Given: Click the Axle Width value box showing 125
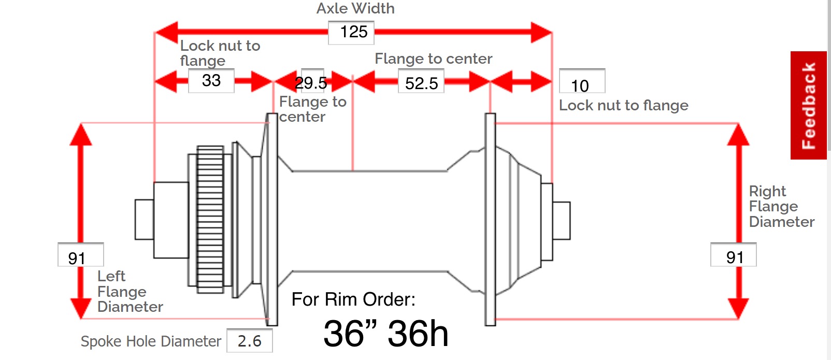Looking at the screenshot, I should (351, 33).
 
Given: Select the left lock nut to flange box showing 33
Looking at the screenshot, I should (211, 81).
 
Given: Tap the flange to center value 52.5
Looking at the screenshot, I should (421, 83).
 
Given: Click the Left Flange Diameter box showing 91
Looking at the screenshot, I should (80, 255).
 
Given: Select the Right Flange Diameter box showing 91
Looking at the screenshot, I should (733, 255).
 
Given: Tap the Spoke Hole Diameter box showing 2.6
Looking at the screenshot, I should (250, 341).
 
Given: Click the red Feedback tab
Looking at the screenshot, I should (808, 105).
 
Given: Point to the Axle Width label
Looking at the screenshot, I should (355, 9).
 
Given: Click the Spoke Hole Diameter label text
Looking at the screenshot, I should (151, 341).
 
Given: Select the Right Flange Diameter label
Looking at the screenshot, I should (781, 207).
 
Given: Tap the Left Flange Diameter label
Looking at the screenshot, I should (130, 292).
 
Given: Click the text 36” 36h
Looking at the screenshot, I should (385, 333).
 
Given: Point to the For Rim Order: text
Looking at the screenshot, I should (353, 299).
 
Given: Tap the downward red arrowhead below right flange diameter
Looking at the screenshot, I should (738, 307).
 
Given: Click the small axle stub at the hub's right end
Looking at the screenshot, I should (561, 221).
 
